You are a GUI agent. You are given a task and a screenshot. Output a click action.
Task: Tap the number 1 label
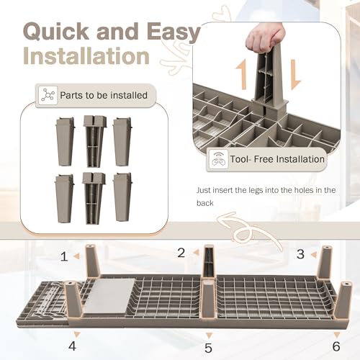tap(63, 255)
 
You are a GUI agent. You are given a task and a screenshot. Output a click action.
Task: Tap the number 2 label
tap(181, 252)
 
